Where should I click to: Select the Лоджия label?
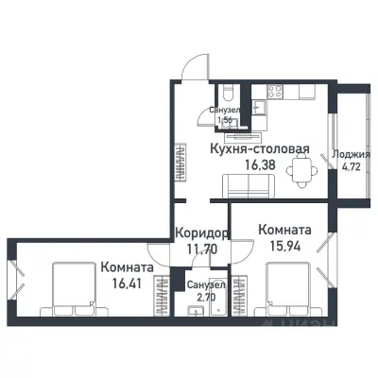click(357, 155)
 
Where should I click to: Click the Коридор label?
click(200, 233)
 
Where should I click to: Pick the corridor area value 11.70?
click(200, 249)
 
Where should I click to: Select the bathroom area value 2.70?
click(204, 296)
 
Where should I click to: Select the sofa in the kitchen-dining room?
click(252, 190)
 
